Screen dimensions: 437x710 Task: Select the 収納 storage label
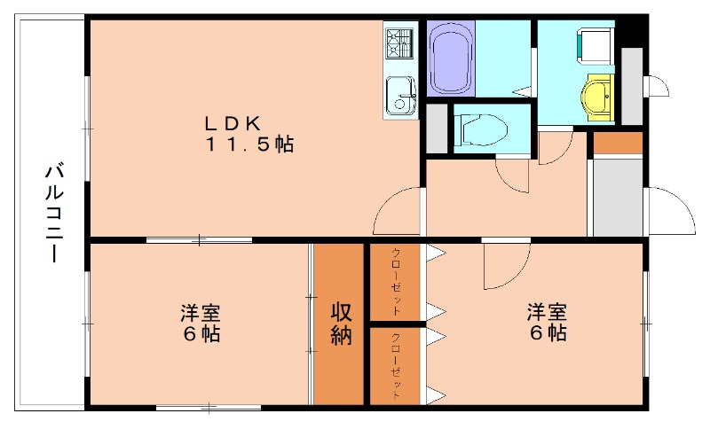[343, 324]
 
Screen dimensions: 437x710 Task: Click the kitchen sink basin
[400, 91]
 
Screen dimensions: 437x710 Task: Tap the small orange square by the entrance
[617, 142]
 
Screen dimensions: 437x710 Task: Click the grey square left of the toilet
[436, 129]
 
